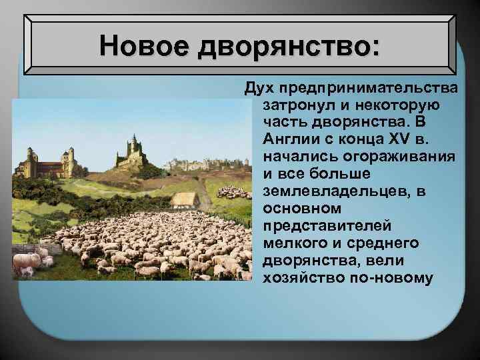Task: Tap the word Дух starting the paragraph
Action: [257, 89]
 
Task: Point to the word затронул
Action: [295, 105]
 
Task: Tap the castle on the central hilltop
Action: [134, 151]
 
